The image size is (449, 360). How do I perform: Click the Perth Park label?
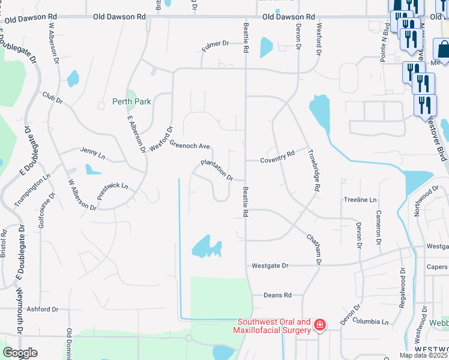click(x=131, y=101)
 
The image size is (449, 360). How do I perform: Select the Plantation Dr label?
click(x=217, y=169)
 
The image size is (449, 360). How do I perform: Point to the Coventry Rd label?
click(x=277, y=157)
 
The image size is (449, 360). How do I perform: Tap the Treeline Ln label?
click(x=360, y=199)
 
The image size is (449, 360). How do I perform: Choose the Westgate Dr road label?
click(x=270, y=265)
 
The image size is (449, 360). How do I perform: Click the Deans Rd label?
click(x=277, y=295)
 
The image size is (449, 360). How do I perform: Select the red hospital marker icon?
click(x=320, y=326)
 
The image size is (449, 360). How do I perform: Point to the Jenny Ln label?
click(x=92, y=154)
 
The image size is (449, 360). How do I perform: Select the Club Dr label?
click(x=52, y=97)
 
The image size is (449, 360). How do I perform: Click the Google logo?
click(x=20, y=353)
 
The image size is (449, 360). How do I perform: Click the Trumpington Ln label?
click(x=32, y=190)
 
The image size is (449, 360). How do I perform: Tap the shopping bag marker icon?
click(x=442, y=50)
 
